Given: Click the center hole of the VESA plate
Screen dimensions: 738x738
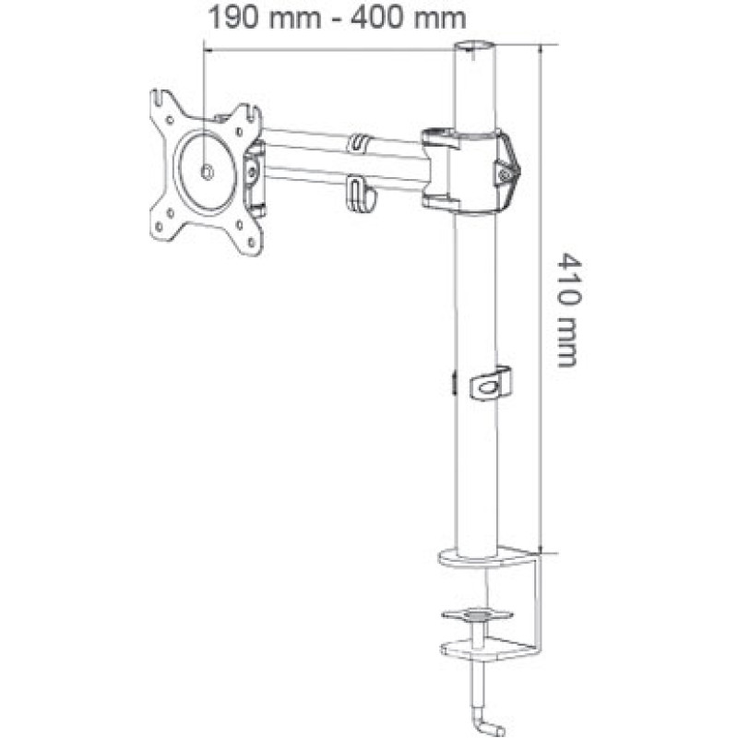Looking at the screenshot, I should (205, 171).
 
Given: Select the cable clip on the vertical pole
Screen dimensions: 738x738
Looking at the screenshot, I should (491, 384).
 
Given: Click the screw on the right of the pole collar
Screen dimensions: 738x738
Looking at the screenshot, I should (505, 169).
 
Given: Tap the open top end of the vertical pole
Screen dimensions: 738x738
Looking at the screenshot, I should (474, 45).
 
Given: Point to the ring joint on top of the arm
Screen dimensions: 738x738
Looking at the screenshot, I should (360, 143).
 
